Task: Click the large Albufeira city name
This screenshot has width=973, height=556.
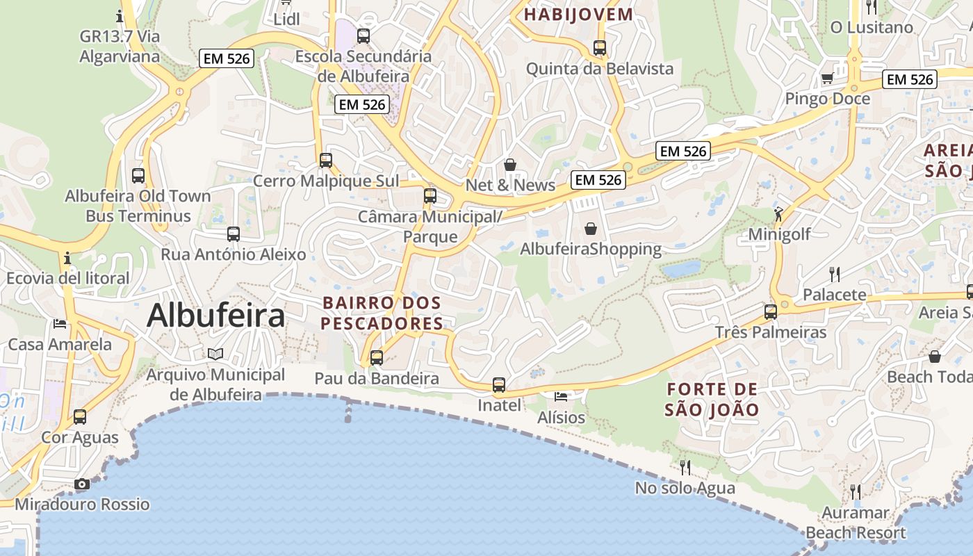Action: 215,316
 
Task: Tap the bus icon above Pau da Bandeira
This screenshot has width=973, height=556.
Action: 377,358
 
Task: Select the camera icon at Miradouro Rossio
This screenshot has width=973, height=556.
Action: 82,484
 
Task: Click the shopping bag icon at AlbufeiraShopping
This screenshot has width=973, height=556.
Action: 590,229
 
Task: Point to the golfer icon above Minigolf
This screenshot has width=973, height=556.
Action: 778,213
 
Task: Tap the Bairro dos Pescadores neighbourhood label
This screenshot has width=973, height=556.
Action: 382,313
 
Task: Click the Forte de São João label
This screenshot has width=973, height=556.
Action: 712,399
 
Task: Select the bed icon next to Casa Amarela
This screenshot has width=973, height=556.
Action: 60,324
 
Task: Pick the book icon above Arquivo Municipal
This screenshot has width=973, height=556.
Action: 215,354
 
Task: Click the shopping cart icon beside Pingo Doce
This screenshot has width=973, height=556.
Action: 827,79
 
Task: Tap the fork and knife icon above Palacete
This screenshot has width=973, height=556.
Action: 835,274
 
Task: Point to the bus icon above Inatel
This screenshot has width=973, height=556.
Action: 499,384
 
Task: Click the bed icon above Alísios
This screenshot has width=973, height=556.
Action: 561,397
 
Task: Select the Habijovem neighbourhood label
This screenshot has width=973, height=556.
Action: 579,14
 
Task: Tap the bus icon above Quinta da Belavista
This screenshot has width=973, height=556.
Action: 600,48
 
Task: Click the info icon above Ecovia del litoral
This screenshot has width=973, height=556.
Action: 67,258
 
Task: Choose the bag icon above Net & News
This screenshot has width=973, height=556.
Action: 510,165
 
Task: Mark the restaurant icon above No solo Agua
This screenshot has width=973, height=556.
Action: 685,466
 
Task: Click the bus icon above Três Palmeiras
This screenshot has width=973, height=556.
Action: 771,311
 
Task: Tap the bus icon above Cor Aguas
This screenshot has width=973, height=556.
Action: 80,417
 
